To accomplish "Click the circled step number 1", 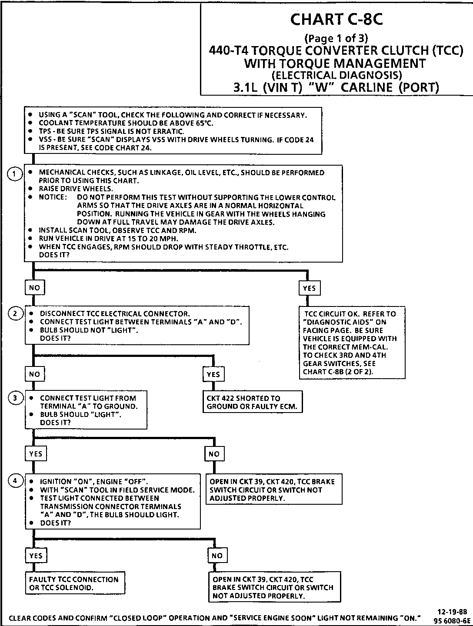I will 15,174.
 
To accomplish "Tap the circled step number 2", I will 15,314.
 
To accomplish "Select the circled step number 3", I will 15,398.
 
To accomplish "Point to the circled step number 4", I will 15,481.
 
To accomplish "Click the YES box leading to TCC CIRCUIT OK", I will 309,288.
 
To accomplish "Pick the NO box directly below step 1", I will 34,287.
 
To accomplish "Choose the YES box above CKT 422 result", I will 213,374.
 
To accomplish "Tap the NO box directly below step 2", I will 34,374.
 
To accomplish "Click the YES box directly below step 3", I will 36,453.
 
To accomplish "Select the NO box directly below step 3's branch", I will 214,454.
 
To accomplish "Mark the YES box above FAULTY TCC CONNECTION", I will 36,556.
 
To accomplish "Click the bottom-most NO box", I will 217,556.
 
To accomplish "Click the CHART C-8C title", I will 336,20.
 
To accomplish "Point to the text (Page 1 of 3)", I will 336,38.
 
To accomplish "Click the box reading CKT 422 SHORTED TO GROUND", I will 252,402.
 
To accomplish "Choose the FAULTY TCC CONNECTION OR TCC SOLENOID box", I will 74,583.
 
